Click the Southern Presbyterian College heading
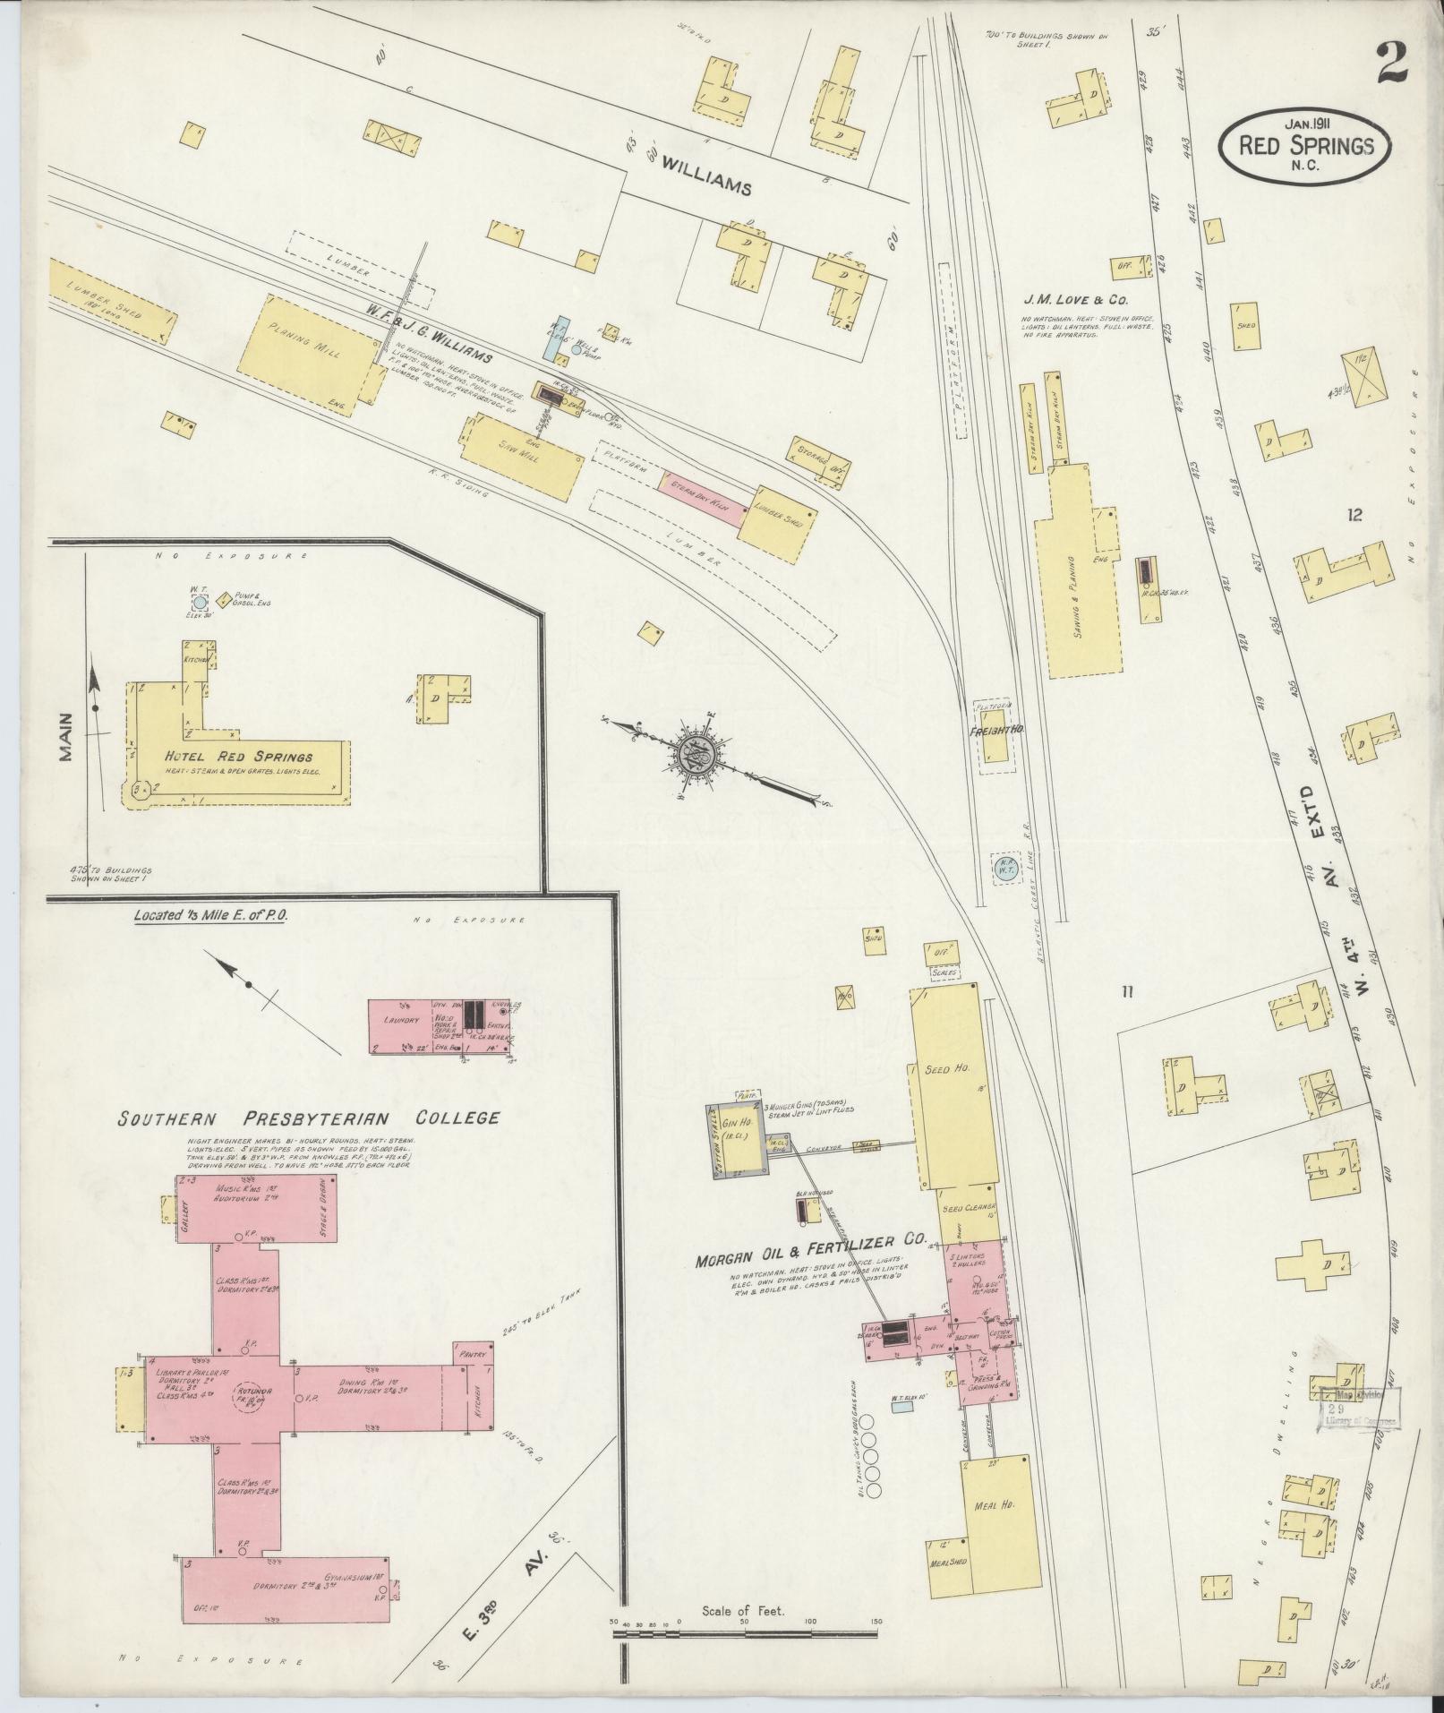[306, 1118]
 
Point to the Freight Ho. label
[995, 731]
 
